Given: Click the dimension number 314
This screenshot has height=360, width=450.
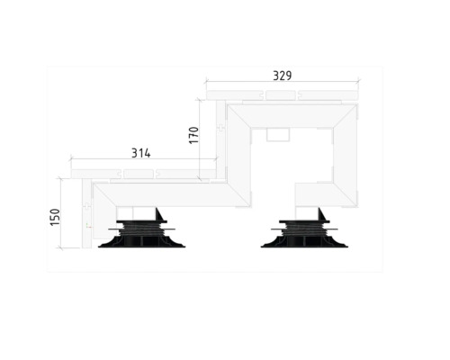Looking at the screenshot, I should coord(140,153).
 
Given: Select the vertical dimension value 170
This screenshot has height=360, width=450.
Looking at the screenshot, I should coord(193,135).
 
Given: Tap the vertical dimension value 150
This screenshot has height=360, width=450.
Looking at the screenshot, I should coord(55,218).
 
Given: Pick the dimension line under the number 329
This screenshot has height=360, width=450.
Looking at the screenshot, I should coord(281,84).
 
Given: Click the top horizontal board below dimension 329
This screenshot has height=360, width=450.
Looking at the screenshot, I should coord(281,94).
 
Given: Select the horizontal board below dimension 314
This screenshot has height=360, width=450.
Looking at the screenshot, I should coord(144,172).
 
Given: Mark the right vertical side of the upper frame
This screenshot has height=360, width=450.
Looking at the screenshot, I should coord(345,153).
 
